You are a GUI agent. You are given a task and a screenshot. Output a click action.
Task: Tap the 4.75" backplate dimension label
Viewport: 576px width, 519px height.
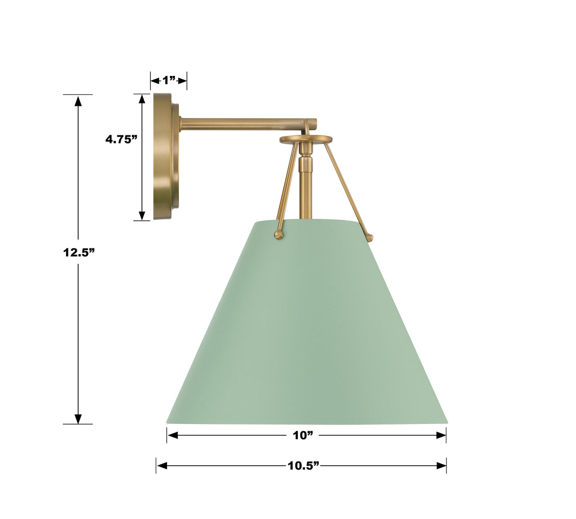coord(121,139)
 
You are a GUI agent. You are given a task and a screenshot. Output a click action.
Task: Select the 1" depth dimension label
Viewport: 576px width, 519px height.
coord(168,80)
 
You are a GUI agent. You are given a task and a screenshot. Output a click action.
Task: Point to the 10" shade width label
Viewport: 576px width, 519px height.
coord(303,435)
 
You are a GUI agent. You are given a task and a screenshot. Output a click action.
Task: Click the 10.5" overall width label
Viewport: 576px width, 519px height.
coord(303,466)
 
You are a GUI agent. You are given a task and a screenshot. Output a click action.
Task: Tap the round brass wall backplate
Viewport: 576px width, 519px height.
coord(164,157)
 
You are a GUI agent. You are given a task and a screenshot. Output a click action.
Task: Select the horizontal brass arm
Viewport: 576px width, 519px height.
coord(242,124)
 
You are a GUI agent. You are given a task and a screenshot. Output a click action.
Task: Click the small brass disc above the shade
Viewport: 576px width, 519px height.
coord(306,139)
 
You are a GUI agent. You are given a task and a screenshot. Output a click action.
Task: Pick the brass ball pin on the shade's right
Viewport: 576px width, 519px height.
coord(370,238)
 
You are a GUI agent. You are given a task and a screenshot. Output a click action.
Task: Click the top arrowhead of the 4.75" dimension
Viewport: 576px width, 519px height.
coord(141,99)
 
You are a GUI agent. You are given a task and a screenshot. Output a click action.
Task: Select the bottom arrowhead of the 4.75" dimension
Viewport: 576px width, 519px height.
coord(141,215)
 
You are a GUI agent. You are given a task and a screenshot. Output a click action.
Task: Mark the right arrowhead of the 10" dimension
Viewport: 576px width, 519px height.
coord(441,435)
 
